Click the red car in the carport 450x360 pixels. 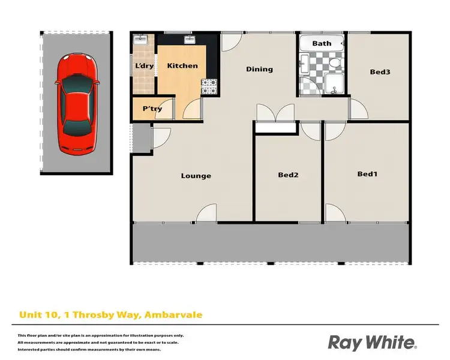(x=76, y=103)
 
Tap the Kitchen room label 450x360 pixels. (x=182, y=65)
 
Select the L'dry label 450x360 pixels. (x=144, y=65)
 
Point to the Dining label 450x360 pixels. (x=259, y=69)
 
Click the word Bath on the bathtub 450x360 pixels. (x=322, y=43)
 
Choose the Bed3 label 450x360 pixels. (x=380, y=72)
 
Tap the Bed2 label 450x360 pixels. (x=288, y=175)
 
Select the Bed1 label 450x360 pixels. (x=367, y=174)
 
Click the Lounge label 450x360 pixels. (x=196, y=176)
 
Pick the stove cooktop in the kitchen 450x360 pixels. (x=209, y=87)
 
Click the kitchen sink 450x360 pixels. (x=190, y=41)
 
